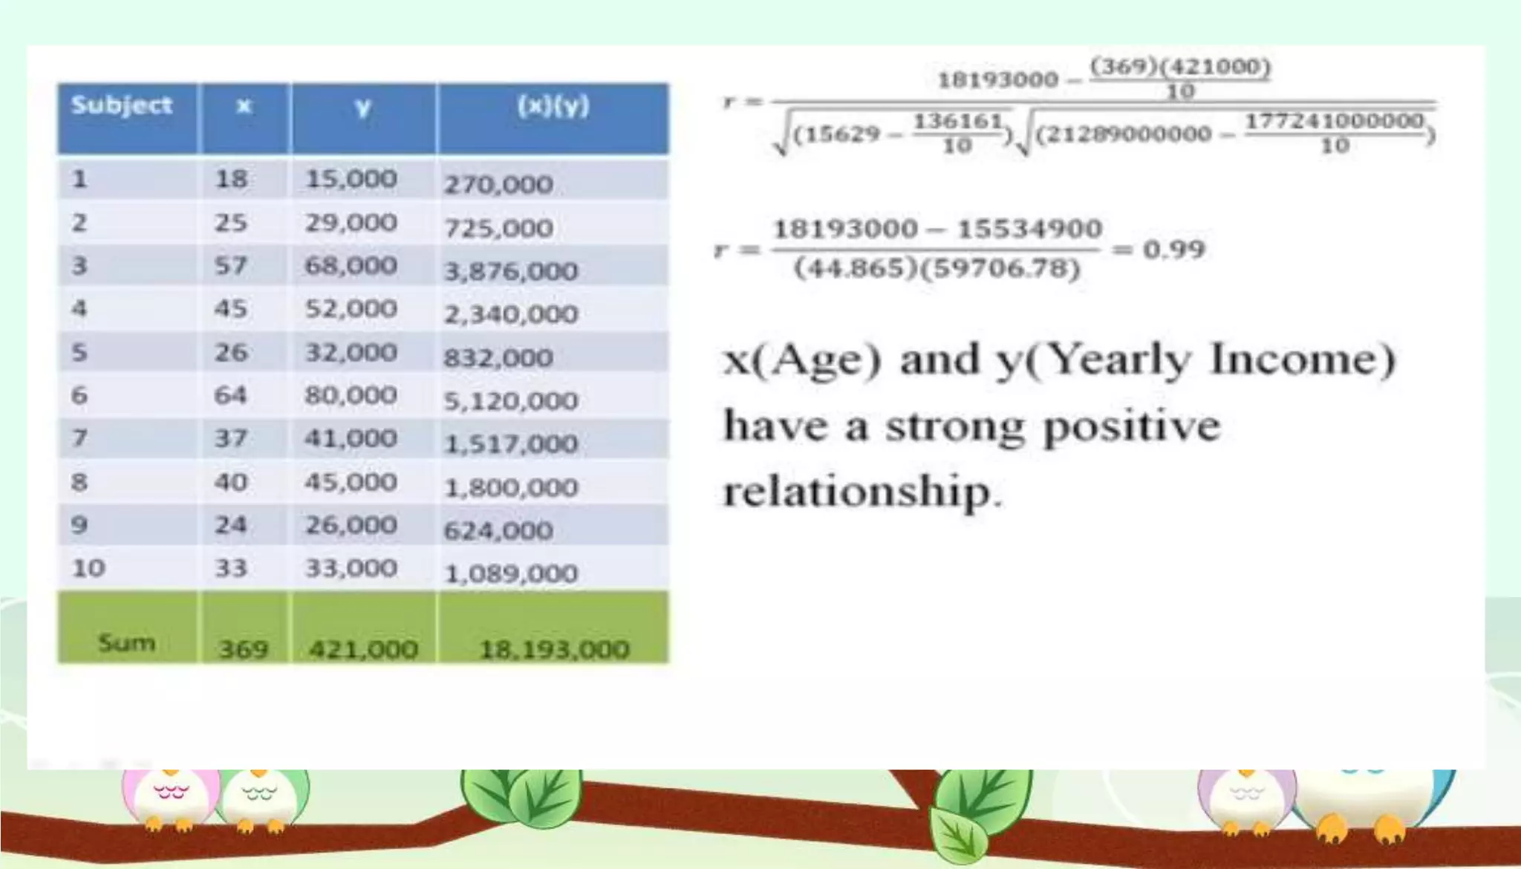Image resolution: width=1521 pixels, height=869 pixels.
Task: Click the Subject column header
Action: coord(122,105)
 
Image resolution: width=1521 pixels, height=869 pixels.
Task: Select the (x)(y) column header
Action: coord(553,106)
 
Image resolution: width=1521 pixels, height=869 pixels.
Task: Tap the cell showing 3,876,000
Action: coord(511,271)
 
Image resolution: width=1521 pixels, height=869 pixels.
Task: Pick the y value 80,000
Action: coord(351,395)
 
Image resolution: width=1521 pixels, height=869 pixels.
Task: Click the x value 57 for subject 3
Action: coord(230,265)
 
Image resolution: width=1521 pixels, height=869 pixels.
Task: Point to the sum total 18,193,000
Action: coord(554,650)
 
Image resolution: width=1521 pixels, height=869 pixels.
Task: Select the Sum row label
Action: coord(126,642)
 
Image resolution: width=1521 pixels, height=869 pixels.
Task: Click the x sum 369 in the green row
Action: coord(243,650)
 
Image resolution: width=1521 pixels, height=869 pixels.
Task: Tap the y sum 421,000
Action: coord(363,650)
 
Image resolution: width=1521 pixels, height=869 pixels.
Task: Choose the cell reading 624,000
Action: coord(498,530)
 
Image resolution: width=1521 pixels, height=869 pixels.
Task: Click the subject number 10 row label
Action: coord(88,568)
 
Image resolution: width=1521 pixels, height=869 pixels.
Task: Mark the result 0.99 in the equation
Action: coord(1173,250)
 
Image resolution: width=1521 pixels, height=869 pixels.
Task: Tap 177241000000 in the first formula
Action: coord(1334,121)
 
